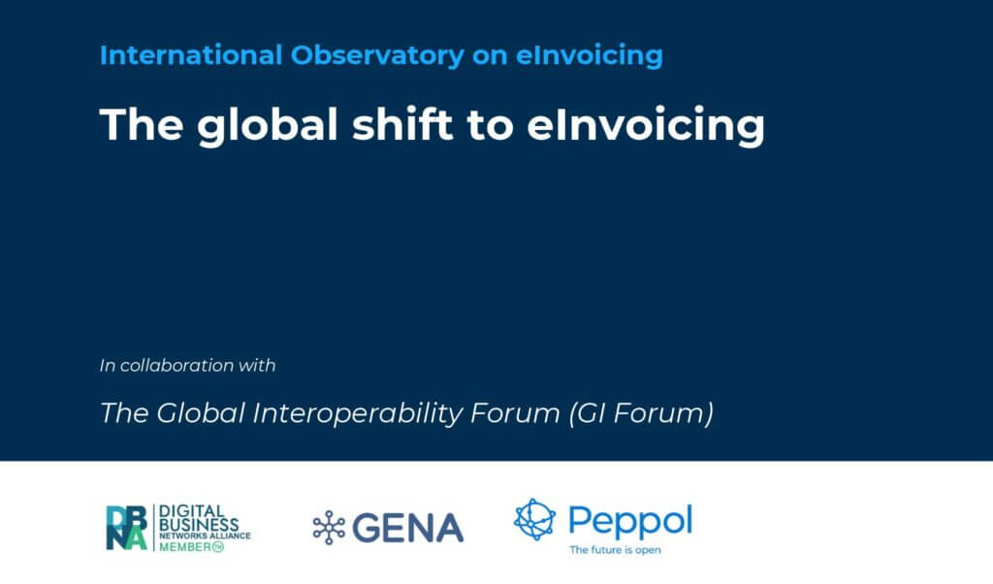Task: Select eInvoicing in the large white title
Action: tap(646, 126)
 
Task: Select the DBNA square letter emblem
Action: tap(126, 527)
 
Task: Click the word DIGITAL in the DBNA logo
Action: tap(189, 510)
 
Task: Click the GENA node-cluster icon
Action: tap(329, 527)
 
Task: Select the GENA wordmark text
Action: tap(408, 528)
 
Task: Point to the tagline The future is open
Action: tap(615, 550)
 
